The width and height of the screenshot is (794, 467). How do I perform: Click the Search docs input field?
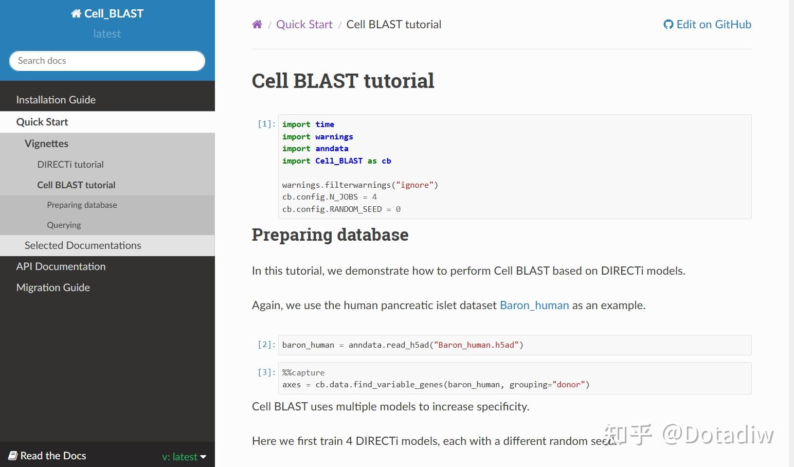(107, 61)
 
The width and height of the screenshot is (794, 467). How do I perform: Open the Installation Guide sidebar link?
(56, 100)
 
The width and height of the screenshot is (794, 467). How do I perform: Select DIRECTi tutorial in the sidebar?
(70, 165)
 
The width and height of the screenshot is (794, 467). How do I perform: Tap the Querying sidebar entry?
(64, 225)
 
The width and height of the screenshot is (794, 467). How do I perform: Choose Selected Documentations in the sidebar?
(83, 245)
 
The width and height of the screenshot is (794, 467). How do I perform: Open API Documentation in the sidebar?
(61, 266)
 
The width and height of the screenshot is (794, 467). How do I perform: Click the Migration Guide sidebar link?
(53, 287)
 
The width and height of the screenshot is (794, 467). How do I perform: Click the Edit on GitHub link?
(707, 24)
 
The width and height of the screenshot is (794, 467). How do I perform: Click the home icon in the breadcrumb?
(257, 24)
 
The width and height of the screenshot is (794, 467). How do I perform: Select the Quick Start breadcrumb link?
(304, 24)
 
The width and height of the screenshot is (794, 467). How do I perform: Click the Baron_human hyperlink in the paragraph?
(534, 305)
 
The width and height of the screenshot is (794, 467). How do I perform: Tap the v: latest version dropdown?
(184, 456)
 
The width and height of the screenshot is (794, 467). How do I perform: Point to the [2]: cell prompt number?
(266, 344)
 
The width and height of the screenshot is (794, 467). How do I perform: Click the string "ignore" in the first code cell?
(414, 185)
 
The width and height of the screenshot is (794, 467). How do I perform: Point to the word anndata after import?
(332, 149)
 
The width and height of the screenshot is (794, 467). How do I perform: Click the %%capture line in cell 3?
(303, 372)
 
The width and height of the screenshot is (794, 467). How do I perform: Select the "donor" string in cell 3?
(569, 384)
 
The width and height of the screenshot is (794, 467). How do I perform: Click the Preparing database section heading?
(330, 235)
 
